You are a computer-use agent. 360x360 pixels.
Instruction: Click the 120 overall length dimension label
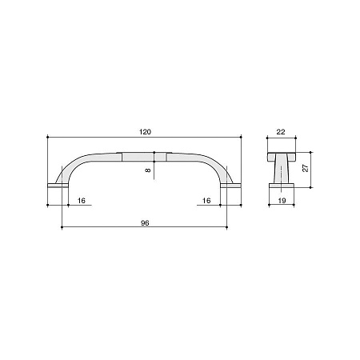tap(145, 132)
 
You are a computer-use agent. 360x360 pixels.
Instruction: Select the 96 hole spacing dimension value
tap(145, 223)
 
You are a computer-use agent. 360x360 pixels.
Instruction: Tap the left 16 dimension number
tap(82, 201)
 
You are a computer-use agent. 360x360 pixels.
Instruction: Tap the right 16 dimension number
tap(206, 201)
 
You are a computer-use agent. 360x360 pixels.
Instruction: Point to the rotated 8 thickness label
tap(148, 170)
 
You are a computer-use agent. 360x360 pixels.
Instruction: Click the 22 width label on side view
tap(281, 132)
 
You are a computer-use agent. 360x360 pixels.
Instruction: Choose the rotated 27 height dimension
tap(306, 168)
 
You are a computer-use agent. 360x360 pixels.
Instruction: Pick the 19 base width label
tap(282, 201)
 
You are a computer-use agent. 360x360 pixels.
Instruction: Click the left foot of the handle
tap(58, 186)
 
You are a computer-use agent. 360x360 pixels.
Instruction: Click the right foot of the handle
tap(231, 186)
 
